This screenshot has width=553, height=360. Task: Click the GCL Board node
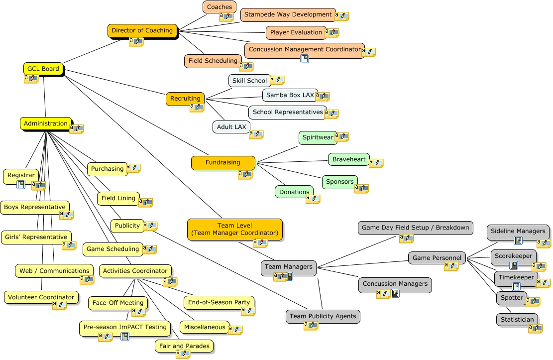pos(43,69)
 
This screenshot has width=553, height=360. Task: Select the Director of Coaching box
pos(142,30)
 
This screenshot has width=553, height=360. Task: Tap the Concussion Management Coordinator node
pos(304,50)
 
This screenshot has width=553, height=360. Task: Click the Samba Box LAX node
pos(290,95)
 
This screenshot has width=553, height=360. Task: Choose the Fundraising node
pos(223,162)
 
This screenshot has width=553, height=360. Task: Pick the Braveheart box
pos(349,159)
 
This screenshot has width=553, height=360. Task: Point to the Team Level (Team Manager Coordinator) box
pos(234,229)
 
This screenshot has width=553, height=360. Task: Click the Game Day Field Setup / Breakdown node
pos(415,228)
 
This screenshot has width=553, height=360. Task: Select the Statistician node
pos(518,320)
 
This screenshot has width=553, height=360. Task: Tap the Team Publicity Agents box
pos(323,316)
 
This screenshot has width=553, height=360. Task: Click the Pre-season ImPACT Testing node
pos(125,327)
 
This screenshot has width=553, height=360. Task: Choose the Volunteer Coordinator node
pos(41,297)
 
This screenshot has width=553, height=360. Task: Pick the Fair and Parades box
pos(184,346)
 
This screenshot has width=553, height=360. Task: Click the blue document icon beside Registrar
pos(21,185)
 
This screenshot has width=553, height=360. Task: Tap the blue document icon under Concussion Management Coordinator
pos(305,59)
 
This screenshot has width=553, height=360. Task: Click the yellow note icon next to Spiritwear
pos(342,136)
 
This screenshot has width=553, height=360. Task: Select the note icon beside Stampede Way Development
pos(342,16)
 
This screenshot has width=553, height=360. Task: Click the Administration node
pos(46,123)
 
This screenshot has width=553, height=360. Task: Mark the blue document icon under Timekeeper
pos(516,286)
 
